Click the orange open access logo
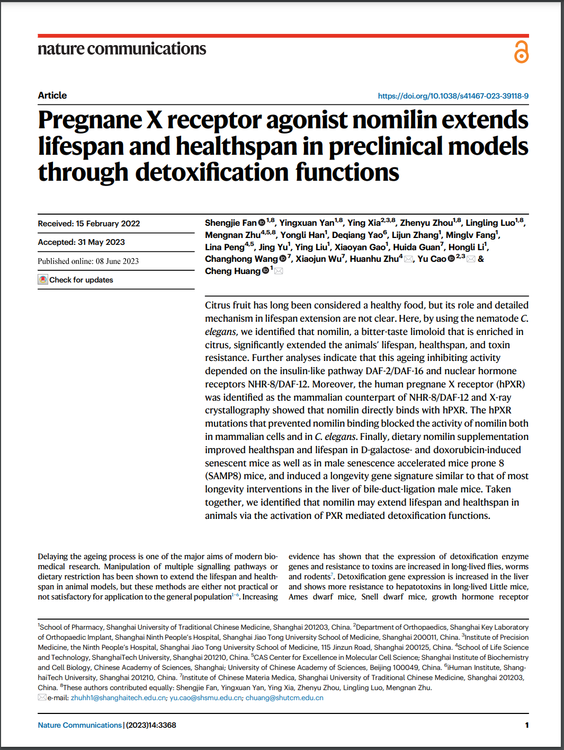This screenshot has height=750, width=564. [x=521, y=52]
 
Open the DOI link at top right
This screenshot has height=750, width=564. [x=453, y=96]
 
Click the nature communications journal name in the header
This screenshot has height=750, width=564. [x=122, y=49]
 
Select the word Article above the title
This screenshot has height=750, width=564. [x=52, y=95]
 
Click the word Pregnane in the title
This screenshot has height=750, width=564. [x=90, y=120]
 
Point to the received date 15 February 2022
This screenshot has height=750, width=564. [x=108, y=224]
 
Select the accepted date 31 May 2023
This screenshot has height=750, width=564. [x=101, y=242]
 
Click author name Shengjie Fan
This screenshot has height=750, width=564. [x=230, y=223]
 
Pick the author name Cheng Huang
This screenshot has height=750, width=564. [x=232, y=271]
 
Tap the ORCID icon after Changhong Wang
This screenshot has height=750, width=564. [x=283, y=259]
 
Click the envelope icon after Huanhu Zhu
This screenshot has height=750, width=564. [x=408, y=259]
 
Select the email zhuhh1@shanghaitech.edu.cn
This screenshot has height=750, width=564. [x=118, y=698]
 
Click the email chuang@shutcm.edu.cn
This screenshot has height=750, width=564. [x=284, y=698]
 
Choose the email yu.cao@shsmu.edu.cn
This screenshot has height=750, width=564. [x=205, y=698]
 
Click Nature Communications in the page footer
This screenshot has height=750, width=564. [x=79, y=725]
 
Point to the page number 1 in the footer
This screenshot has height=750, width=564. [x=526, y=725]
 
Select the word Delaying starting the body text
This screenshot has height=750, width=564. [x=53, y=557]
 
